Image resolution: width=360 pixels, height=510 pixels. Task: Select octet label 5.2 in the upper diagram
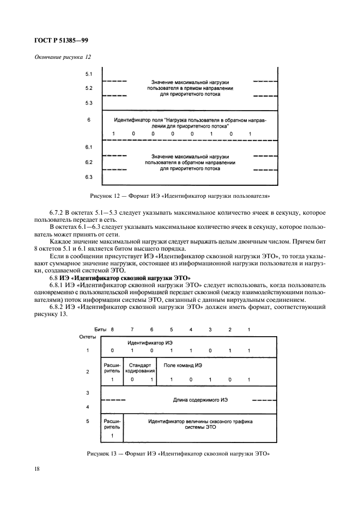(x=89, y=88)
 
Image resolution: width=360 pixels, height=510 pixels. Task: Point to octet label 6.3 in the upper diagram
(x=89, y=177)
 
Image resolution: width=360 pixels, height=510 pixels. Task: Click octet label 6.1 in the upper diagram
(x=89, y=148)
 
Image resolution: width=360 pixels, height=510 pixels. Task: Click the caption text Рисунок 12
(x=111, y=196)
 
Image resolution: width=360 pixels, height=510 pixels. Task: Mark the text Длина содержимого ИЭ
(x=200, y=399)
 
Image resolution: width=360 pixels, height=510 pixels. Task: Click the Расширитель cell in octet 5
(x=112, y=424)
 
